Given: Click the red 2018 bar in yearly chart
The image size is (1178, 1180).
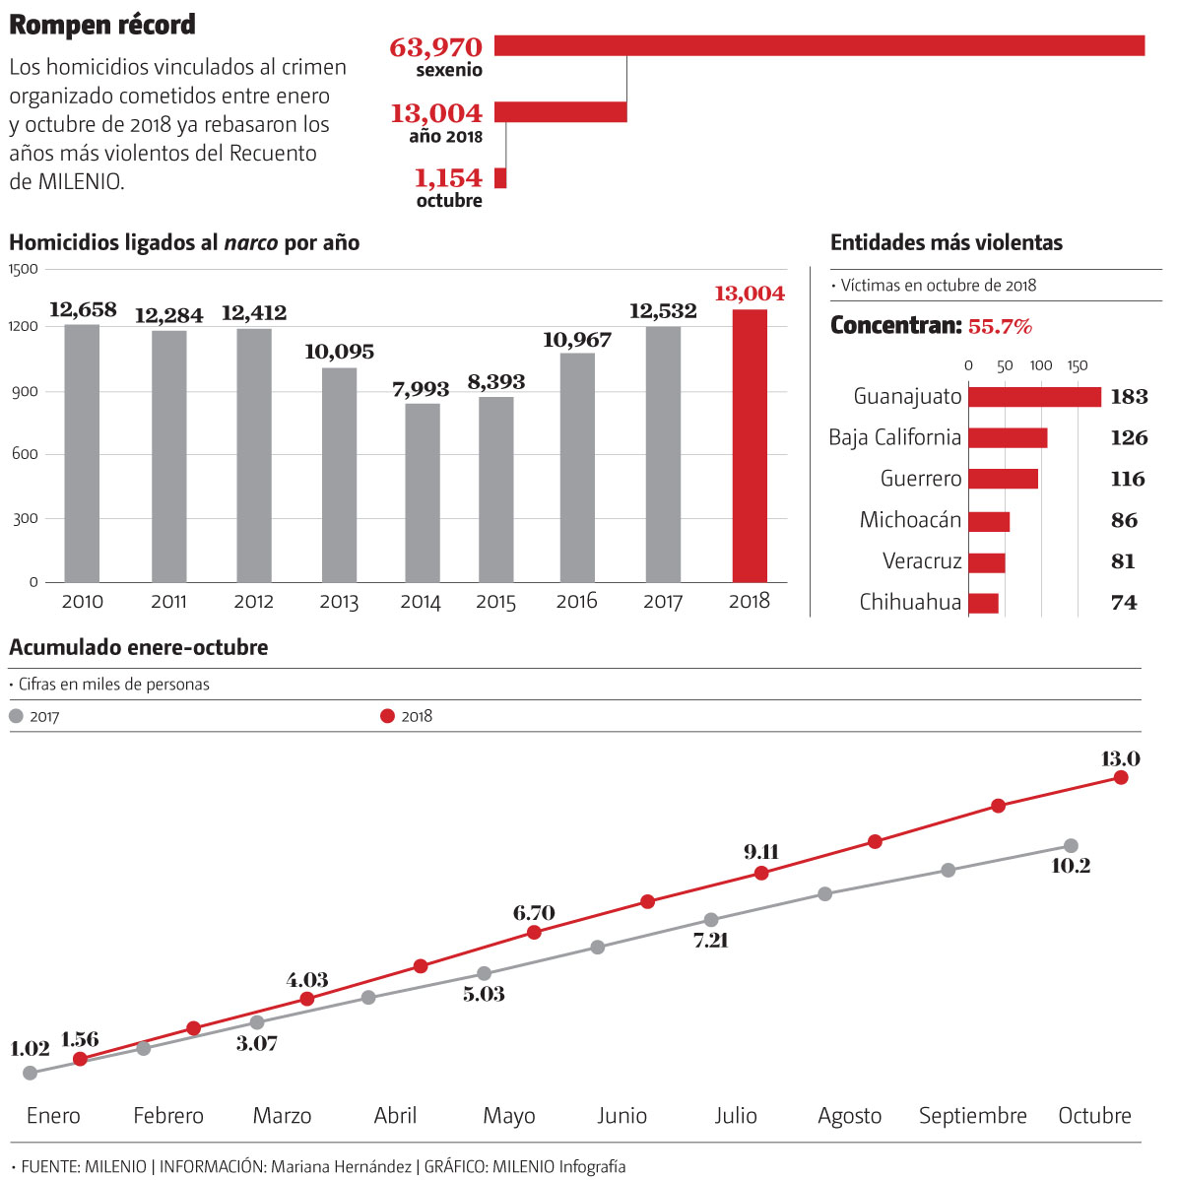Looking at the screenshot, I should click(750, 445).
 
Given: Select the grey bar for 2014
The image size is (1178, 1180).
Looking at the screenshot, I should click(423, 492).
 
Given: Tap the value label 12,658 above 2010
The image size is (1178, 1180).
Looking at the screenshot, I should click(83, 310).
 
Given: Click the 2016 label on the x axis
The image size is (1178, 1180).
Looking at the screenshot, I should click(576, 601).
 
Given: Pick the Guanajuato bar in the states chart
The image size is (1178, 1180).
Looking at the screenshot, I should click(1034, 396).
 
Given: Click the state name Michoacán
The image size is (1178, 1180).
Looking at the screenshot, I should click(910, 520).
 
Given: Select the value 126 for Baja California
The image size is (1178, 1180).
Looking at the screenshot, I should click(1129, 438).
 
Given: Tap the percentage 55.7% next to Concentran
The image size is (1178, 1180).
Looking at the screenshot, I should click(1000, 326).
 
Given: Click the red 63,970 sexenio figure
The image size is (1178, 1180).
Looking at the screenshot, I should click(436, 47).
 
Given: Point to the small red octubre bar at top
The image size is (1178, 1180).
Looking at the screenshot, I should click(500, 178).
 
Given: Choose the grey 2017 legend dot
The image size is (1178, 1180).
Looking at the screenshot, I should click(16, 716).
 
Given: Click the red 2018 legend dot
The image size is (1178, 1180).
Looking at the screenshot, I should click(387, 716).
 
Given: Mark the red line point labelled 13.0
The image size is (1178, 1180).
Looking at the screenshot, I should click(1121, 777).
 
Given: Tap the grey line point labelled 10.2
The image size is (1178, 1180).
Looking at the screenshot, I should click(1071, 845).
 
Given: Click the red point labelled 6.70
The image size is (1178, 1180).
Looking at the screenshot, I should click(534, 932).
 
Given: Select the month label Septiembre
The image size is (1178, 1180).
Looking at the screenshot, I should click(972, 1116).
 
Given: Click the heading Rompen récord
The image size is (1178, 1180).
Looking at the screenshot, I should click(102, 25).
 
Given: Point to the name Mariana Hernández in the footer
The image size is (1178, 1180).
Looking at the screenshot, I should click(341, 1166).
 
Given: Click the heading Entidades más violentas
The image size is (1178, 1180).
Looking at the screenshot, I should click(946, 242).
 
